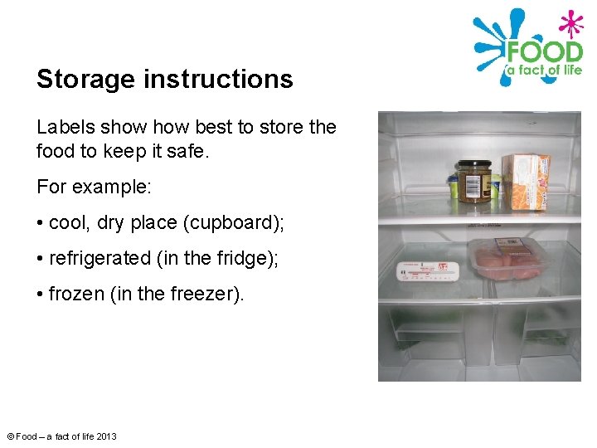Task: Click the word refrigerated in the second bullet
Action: [99, 259]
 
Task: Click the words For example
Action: [94, 187]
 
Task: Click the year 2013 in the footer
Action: [105, 436]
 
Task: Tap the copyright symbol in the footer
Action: [10, 436]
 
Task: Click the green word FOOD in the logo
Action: [545, 51]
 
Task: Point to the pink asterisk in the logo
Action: [570, 22]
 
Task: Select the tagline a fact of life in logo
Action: [544, 71]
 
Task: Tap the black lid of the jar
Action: [474, 166]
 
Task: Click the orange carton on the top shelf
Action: [527, 181]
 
